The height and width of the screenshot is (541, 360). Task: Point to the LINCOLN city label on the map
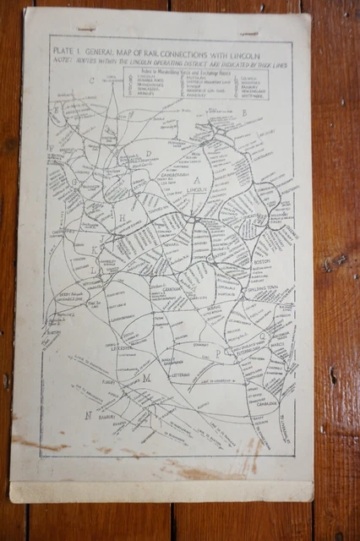[x=196, y=191]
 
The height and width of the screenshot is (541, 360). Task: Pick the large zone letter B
[x=243, y=112]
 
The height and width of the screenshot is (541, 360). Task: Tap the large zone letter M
[x=146, y=378]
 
